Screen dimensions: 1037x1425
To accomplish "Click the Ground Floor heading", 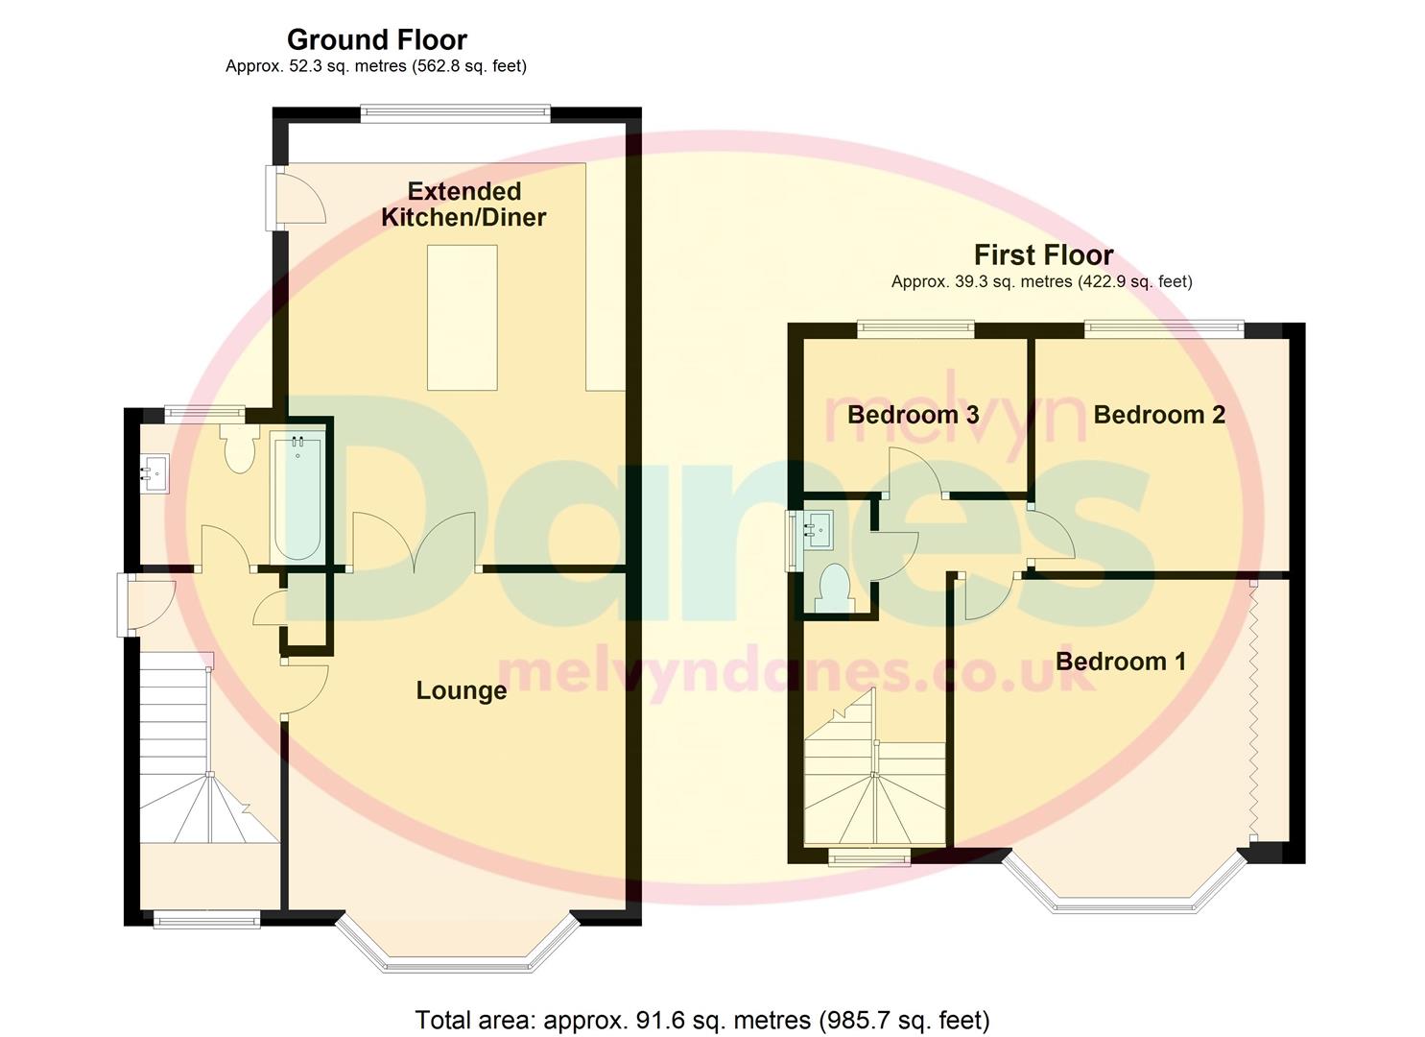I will click(x=376, y=40).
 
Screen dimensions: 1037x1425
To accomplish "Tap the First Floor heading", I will click(x=1043, y=255).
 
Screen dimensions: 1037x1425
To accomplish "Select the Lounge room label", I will click(x=461, y=690).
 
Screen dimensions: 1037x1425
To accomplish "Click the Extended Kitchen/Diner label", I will click(x=463, y=205).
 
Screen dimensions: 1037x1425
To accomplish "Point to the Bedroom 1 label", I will click(x=1120, y=662).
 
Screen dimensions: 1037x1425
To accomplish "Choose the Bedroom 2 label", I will click(x=1158, y=415).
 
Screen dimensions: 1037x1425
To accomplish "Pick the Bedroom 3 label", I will click(x=913, y=415).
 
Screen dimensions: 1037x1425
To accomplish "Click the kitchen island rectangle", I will click(x=462, y=317).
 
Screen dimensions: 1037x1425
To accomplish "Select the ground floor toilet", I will click(x=237, y=448).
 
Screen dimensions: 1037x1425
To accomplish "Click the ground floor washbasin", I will click(x=154, y=473).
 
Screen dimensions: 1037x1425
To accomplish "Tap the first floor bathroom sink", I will click(x=817, y=528).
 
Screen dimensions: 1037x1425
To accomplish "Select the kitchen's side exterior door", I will click(x=299, y=197).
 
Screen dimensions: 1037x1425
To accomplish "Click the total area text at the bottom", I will click(x=701, y=1020).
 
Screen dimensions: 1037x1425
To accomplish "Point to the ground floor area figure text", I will click(x=375, y=66).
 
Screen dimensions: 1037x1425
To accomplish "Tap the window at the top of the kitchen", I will click(x=455, y=113).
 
